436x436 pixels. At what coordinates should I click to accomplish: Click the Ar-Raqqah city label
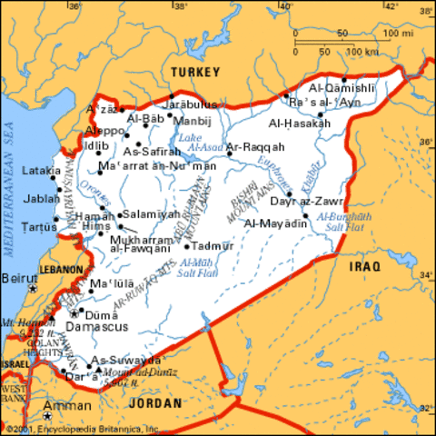coord(255,146)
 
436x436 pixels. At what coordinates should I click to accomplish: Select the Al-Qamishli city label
coord(342,88)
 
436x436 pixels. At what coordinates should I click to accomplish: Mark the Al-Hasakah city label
coord(297,123)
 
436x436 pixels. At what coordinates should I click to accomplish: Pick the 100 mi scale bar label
coord(399,34)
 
